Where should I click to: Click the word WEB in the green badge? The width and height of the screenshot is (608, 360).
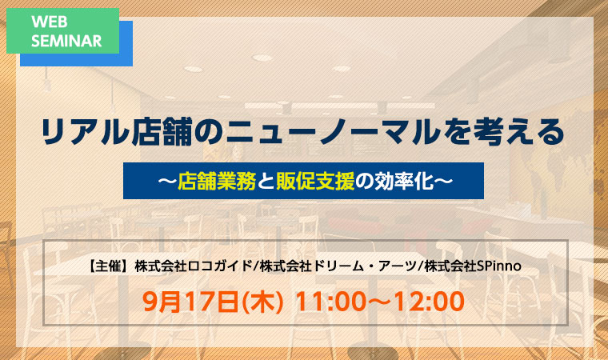(50, 22)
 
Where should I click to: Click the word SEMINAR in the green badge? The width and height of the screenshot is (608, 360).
(66, 41)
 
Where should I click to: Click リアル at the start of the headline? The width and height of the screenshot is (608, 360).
(85, 132)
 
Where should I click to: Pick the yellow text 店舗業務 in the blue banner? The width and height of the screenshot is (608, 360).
(217, 181)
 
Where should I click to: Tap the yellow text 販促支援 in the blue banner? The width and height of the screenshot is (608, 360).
(315, 181)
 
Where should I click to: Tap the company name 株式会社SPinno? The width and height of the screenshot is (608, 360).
(472, 266)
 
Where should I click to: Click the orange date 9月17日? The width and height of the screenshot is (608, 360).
(190, 302)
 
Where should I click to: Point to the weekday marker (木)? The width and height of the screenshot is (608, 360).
(262, 302)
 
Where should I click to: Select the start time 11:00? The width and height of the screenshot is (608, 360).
(330, 302)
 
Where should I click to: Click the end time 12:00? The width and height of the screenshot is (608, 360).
(430, 302)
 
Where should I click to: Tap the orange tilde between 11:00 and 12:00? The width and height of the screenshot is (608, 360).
(380, 302)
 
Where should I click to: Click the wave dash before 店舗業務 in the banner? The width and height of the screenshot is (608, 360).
(167, 181)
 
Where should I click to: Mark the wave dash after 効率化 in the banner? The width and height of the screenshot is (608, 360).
(443, 181)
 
